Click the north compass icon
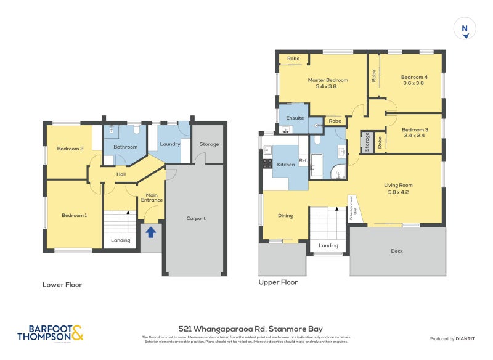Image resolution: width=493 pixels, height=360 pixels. tap(465, 30)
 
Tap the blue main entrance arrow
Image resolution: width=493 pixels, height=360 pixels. tap(150, 231)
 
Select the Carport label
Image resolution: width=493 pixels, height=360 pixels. tap(196, 218)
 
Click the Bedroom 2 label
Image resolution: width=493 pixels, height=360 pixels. tap(70, 149)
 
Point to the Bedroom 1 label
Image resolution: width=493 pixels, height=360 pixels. tap(74, 215)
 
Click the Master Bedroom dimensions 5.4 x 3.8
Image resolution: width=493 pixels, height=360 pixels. tap(328, 87)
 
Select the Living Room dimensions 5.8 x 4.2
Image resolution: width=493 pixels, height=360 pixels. tap(398, 192)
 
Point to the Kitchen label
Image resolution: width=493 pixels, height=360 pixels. tap(285, 165)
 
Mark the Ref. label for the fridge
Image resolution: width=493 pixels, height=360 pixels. tap(303, 162)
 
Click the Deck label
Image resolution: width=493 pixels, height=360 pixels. tap(397, 251)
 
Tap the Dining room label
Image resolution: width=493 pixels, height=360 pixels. tap(285, 216)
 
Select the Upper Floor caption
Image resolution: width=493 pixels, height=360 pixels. tap(278, 282)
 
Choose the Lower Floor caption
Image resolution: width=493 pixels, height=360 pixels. tap(62, 285)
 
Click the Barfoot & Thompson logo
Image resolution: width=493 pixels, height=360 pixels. tap(51, 333)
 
